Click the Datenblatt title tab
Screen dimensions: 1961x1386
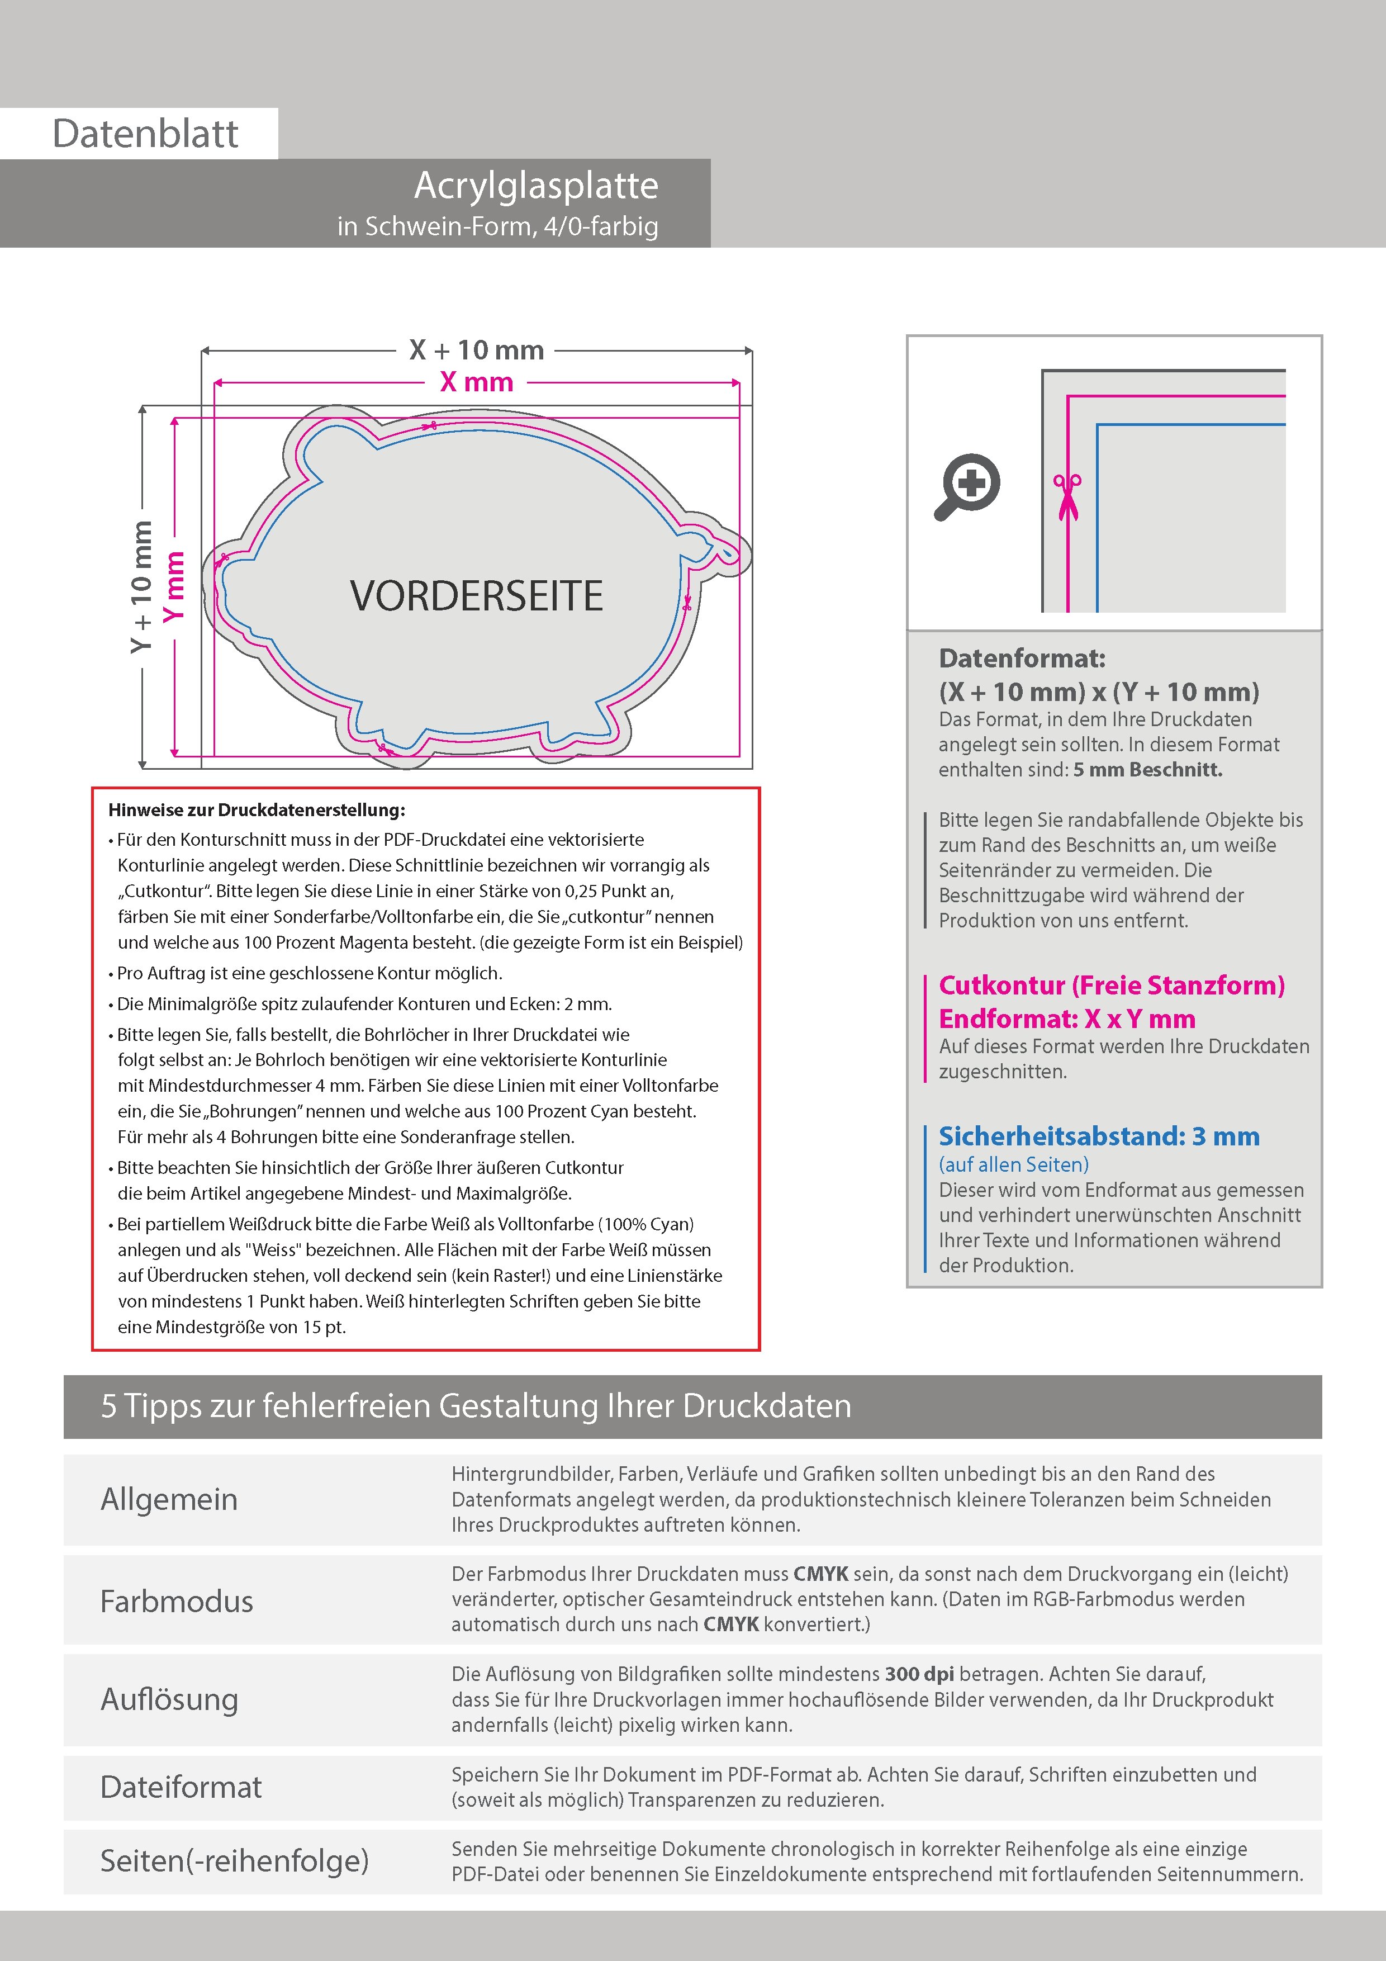145,133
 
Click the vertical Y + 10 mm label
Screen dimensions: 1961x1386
141,587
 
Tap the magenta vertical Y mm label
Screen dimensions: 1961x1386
174,587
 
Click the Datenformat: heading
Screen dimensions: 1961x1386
1022,659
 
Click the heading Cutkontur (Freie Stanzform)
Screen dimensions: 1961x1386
1111,986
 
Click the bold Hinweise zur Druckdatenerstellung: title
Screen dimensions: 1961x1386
256,809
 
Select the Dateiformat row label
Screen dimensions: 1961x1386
181,1787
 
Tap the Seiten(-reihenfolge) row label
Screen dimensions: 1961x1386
234,1860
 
